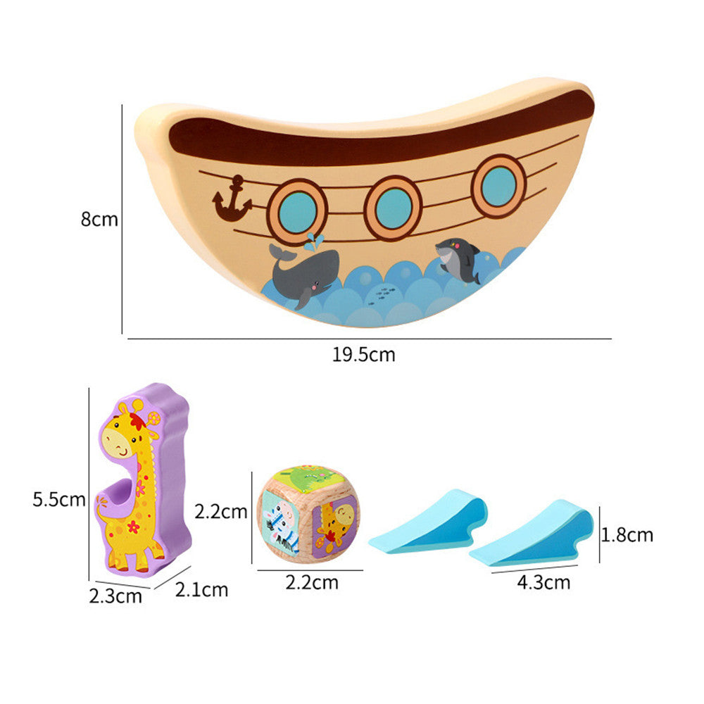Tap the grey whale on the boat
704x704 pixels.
click(x=304, y=275)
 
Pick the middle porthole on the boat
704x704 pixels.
click(x=393, y=207)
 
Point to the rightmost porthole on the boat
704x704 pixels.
click(x=498, y=185)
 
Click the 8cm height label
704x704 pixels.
click(x=99, y=219)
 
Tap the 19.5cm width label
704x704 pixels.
click(x=363, y=355)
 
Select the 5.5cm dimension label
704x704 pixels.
click(x=58, y=500)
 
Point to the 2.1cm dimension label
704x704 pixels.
click(x=201, y=589)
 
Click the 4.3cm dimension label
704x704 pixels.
click(x=543, y=582)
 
